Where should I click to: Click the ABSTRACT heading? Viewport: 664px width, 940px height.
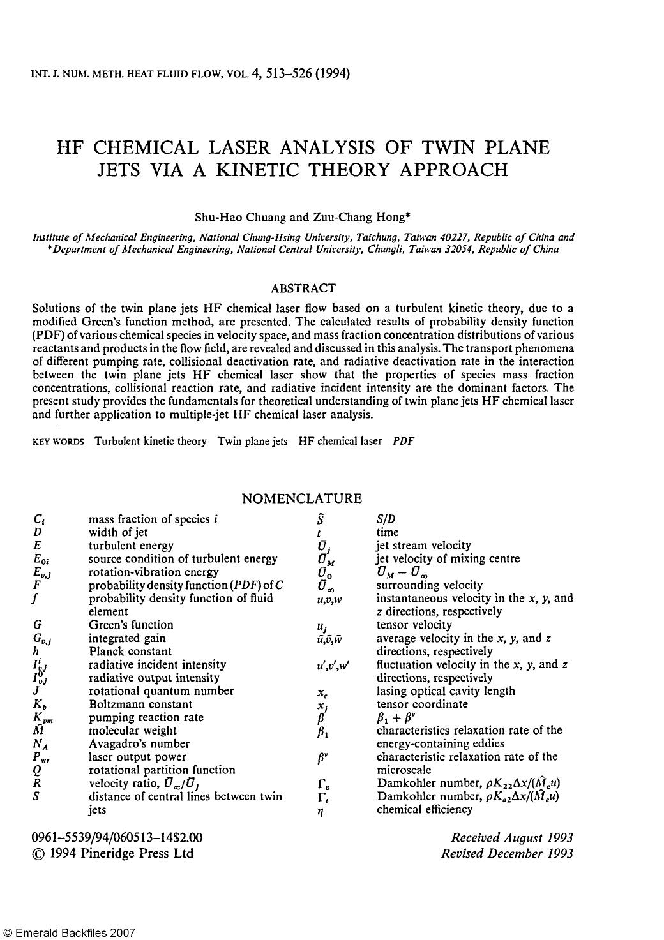[303, 289]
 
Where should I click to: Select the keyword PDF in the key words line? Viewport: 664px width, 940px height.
[404, 441]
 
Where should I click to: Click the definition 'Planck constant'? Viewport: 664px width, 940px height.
[130, 652]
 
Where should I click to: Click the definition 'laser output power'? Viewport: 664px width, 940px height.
[137, 757]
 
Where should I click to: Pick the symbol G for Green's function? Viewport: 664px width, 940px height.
[38, 625]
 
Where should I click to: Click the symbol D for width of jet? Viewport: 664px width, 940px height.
[38, 532]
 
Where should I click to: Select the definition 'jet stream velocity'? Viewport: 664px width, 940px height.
[423, 546]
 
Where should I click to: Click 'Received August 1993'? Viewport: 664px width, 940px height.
[511, 837]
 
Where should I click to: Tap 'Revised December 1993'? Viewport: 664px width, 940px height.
[507, 853]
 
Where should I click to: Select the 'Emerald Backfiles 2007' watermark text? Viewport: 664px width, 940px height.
[70, 932]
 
